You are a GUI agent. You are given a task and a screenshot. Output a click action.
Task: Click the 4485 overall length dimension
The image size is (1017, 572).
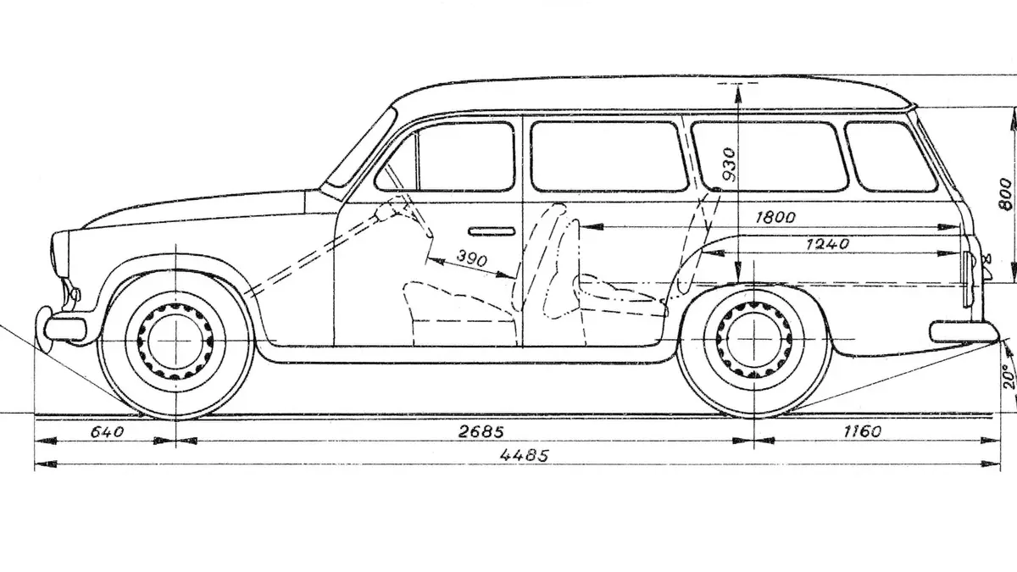(x=524, y=455)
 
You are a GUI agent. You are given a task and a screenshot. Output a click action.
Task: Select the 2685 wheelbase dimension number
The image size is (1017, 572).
(x=481, y=431)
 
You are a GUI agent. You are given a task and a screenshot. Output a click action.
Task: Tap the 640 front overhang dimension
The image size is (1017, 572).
(x=107, y=431)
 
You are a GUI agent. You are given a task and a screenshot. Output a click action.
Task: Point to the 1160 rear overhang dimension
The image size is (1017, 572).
(x=862, y=430)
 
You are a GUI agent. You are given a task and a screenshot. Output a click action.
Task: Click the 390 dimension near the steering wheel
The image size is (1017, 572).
(x=472, y=258)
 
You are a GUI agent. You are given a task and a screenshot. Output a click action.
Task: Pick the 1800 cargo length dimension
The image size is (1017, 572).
(x=775, y=218)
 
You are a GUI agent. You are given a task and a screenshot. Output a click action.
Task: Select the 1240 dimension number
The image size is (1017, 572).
(x=827, y=244)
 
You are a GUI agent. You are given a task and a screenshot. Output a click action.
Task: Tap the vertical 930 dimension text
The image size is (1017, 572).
(x=728, y=164)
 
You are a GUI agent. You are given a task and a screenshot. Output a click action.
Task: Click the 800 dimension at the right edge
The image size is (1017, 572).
(x=1005, y=194)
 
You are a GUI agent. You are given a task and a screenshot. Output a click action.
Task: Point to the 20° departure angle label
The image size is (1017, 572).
(x=1009, y=375)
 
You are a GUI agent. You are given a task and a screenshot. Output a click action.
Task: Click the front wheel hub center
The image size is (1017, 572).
(x=175, y=342)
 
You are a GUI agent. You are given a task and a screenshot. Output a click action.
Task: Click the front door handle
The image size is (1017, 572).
(x=492, y=231)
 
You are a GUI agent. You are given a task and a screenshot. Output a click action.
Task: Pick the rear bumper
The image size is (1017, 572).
(x=964, y=332)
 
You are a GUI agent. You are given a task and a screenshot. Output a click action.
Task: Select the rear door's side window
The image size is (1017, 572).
(x=609, y=156)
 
